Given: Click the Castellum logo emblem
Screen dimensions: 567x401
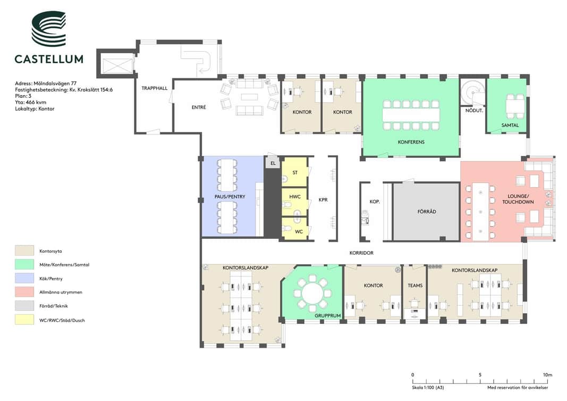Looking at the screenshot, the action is pos(49,29).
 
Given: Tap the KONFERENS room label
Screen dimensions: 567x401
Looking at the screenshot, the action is pos(411,142).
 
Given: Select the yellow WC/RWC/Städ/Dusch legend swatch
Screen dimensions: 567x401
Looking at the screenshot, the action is pos(24,320).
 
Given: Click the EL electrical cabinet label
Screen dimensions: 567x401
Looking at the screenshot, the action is pos(273,163).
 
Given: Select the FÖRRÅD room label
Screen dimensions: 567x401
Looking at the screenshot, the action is pos(427,211).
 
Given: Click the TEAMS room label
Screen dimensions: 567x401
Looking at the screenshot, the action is pos(415,286).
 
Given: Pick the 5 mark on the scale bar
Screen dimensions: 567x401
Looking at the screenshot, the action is pos(480,375).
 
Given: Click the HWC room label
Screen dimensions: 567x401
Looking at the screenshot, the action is pos(295,197).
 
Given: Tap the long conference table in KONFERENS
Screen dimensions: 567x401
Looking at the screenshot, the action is pos(411,115).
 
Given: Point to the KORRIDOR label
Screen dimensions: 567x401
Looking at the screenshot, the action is pos(361,253).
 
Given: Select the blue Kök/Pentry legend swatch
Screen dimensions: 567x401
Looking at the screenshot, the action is pos(24,278).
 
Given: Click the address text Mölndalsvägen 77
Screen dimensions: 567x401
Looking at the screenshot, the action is pos(55,83).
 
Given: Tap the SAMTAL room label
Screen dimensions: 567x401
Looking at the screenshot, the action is pos(510,125).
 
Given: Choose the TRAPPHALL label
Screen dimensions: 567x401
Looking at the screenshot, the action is pos(155,88).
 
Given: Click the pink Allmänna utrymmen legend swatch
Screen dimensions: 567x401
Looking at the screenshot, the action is pos(24,291).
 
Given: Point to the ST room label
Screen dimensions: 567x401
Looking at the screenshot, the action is pos(295,173).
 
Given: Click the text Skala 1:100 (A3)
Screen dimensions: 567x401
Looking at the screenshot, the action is pos(428,388).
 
